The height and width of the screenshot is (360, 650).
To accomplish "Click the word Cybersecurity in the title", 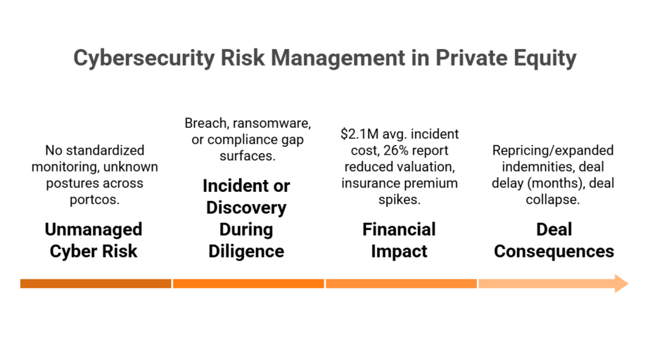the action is click(144, 58).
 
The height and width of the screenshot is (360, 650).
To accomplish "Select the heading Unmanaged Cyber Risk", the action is click(94, 240).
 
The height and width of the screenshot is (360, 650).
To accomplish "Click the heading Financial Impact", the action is click(399, 240).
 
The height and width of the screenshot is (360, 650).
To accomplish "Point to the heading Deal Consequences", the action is click(554, 240).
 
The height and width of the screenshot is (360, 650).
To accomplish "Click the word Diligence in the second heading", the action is click(246, 251).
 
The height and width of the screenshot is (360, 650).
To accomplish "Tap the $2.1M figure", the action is click(359, 134).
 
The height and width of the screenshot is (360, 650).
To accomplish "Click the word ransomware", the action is click(272, 124).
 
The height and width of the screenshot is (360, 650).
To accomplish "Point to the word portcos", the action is click(94, 200).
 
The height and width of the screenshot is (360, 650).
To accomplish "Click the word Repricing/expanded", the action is click(553, 150).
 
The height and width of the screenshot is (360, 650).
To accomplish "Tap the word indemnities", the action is click(531, 167).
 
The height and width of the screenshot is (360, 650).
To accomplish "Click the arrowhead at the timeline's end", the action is click(621, 284).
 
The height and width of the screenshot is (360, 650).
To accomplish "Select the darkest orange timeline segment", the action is click(96, 284).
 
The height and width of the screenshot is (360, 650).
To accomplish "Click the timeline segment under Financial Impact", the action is click(401, 284).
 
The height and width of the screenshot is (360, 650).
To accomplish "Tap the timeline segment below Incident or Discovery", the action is click(248, 284).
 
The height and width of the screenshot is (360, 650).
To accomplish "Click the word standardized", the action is click(106, 150).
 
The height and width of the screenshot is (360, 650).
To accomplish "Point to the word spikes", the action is click(400, 200).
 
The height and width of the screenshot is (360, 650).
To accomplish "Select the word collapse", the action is click(553, 200).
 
